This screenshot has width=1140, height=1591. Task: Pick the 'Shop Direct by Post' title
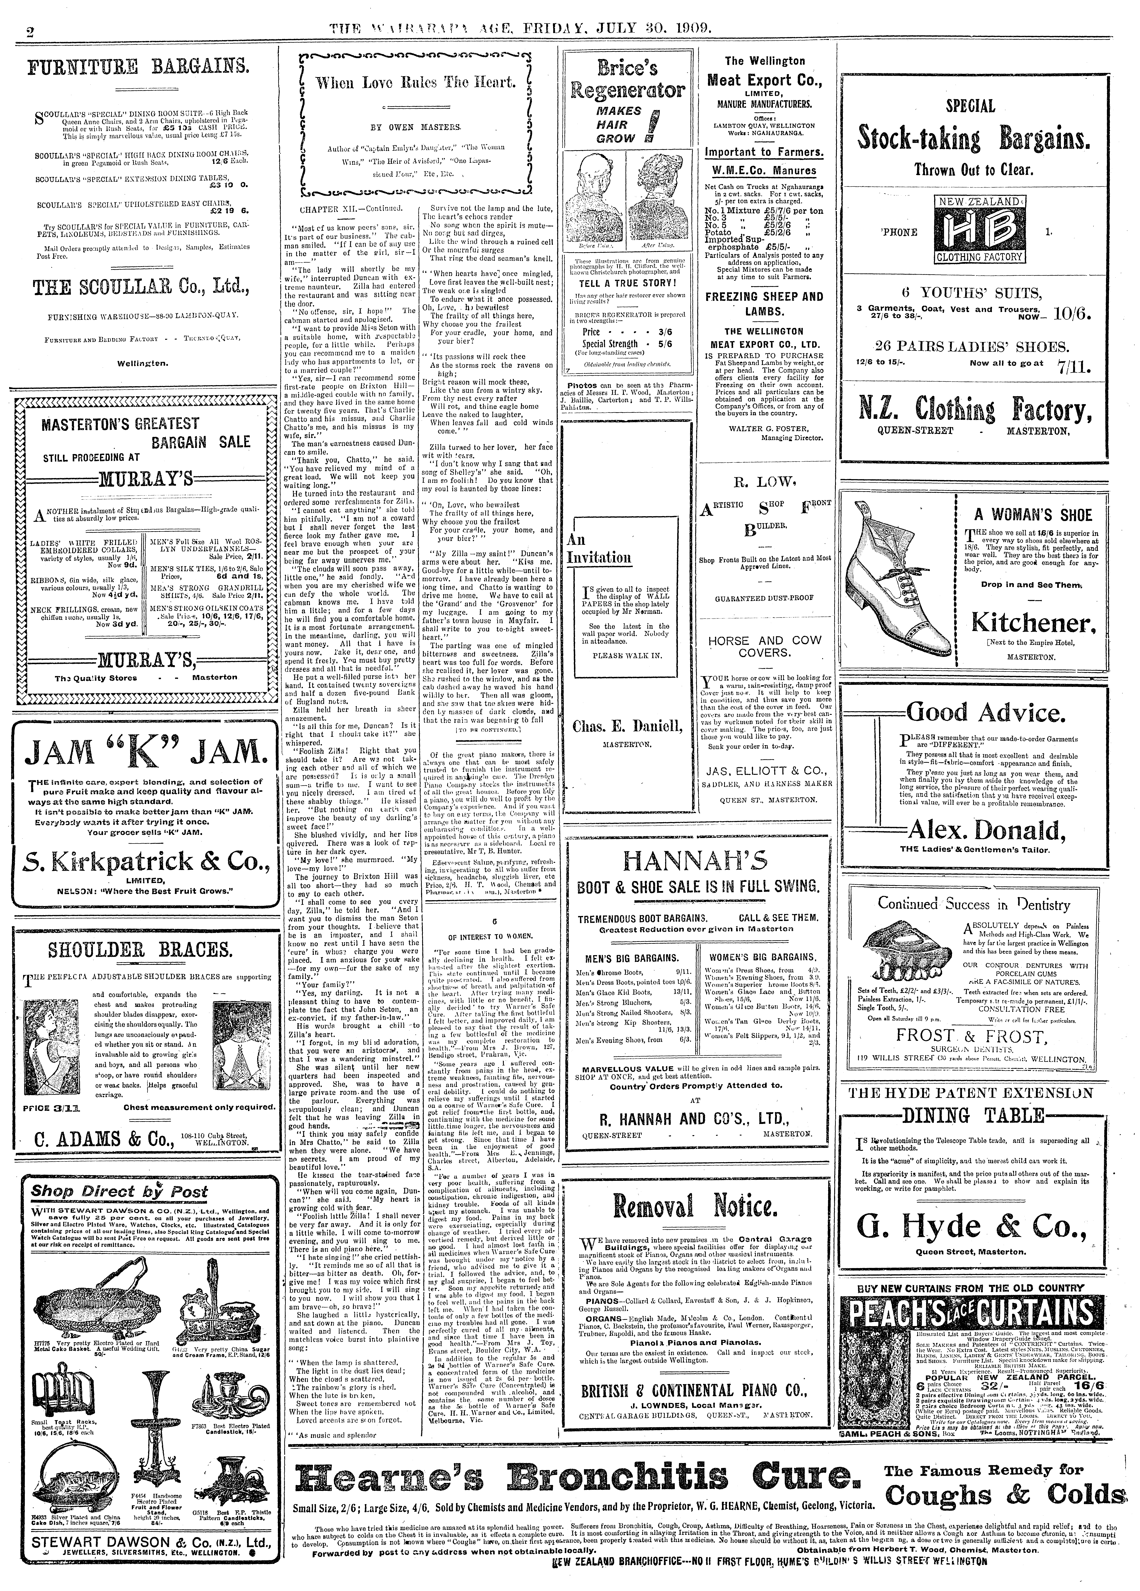pos(119,1191)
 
